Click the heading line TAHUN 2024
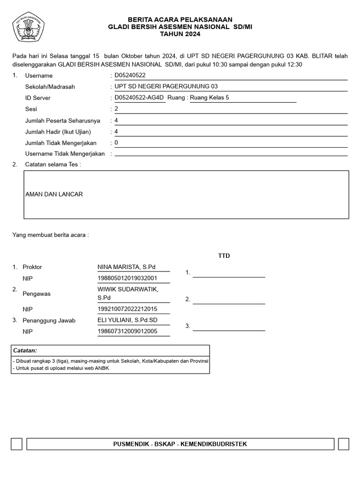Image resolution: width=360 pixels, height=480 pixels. tap(180, 34)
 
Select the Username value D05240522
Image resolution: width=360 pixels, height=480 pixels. tap(130, 75)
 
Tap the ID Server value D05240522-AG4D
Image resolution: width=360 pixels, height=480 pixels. tap(139, 97)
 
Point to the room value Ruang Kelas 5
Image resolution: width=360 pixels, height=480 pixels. tap(210, 97)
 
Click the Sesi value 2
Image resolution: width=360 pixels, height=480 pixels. tap(116, 109)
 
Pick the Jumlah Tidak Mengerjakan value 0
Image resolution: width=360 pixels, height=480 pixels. tap(116, 142)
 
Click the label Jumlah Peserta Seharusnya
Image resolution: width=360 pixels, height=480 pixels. tap(62, 120)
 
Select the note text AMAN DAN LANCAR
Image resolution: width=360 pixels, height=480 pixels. tap(54, 194)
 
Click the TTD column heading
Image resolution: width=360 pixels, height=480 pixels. tap(224, 256)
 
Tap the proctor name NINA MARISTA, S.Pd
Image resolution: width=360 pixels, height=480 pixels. tap(127, 267)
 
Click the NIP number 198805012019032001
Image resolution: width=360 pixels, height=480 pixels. tap(127, 278)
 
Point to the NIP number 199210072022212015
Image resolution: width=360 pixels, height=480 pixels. tap(127, 309)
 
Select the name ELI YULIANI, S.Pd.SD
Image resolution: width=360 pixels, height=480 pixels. tap(127, 320)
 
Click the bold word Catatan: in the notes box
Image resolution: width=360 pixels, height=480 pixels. tap(25, 351)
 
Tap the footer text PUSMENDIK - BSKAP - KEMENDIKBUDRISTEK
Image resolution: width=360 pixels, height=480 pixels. tap(180, 444)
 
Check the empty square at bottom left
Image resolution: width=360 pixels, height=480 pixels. tap(16, 444)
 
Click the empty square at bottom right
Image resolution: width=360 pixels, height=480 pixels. tap(343, 444)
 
